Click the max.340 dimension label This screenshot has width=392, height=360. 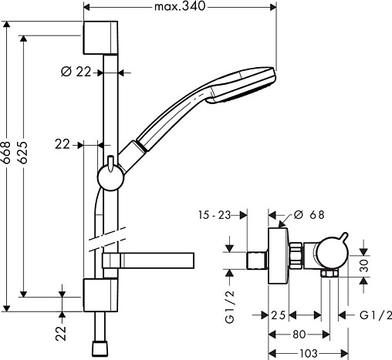pyautogui.click(x=180, y=6)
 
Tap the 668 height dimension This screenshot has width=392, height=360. pyautogui.click(x=5, y=153)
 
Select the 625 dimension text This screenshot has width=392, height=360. pyautogui.click(x=23, y=152)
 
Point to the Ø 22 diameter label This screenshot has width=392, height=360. pyautogui.click(x=76, y=72)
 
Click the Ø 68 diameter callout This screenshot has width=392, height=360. pyautogui.click(x=309, y=215)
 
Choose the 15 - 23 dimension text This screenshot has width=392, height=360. pyautogui.click(x=215, y=215)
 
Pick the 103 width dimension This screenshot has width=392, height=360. pyautogui.click(x=309, y=354)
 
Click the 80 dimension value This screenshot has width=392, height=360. pyautogui.click(x=299, y=335)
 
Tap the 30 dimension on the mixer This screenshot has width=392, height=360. pyautogui.click(x=363, y=266)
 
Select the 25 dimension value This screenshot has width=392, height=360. pyautogui.click(x=279, y=315)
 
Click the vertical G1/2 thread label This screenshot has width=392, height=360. pyautogui.click(x=230, y=306)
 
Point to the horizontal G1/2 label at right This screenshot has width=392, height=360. pyautogui.click(x=376, y=315)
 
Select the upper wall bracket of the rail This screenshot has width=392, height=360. pyautogui.click(x=100, y=38)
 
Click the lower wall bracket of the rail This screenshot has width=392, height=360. pyautogui.click(x=100, y=295)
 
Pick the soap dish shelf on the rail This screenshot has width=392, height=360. pyautogui.click(x=148, y=261)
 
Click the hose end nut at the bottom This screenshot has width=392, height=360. pyautogui.click(x=100, y=348)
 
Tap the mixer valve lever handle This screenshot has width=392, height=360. pyautogui.click(x=343, y=237)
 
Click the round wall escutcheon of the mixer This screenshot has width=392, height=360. pyautogui.click(x=279, y=256)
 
